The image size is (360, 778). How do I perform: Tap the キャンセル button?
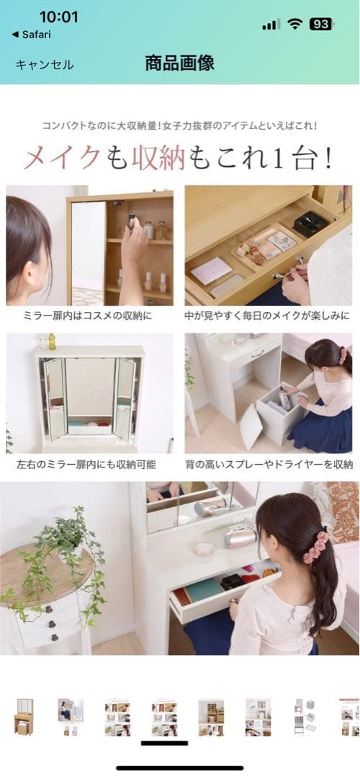[45, 65]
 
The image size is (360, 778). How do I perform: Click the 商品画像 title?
[179, 63]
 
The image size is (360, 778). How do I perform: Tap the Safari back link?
[32, 34]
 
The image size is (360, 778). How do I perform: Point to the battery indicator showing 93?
[320, 24]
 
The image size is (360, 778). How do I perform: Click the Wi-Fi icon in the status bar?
[294, 24]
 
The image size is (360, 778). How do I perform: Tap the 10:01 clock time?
[58, 17]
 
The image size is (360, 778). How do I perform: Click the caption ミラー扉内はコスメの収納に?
[89, 316]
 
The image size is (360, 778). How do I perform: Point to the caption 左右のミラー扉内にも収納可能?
[89, 464]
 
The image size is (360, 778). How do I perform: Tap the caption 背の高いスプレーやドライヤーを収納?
[269, 464]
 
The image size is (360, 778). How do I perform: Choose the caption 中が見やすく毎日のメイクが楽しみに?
[269, 316]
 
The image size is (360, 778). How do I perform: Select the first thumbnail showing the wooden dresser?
[24, 716]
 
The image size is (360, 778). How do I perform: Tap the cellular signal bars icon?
[271, 24]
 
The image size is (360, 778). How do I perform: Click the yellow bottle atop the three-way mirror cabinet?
[52, 341]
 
